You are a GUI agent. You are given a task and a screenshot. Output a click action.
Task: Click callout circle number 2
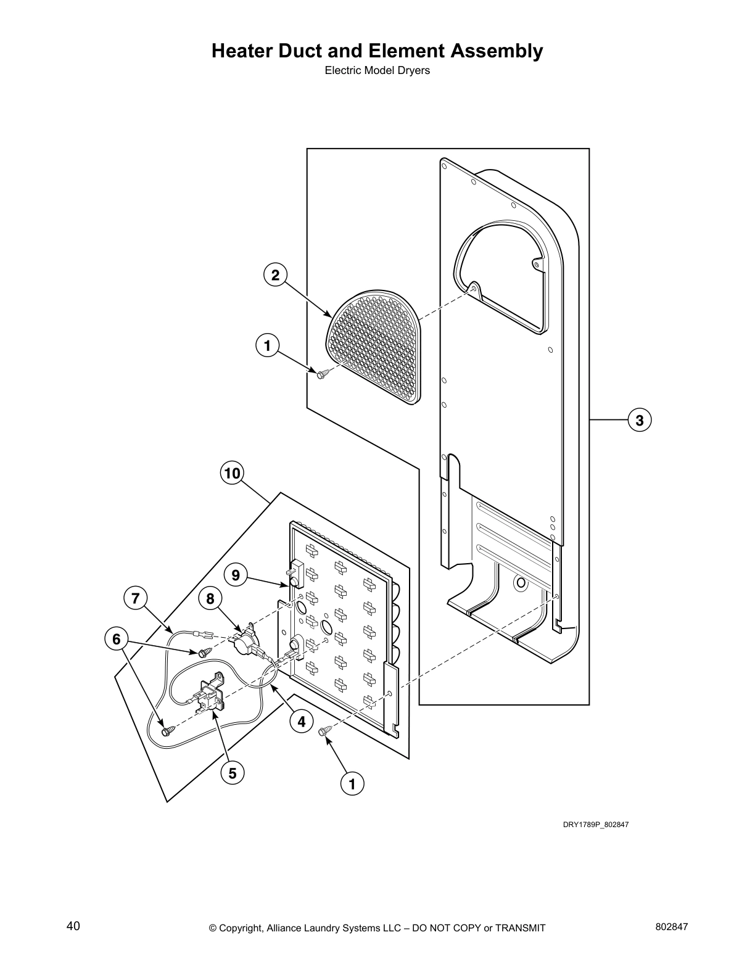coord(275,275)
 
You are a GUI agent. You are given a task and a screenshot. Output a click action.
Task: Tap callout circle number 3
coord(640,420)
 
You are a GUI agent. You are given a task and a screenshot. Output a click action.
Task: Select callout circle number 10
coord(231,474)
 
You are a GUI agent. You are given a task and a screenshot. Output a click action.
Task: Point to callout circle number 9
coord(236,575)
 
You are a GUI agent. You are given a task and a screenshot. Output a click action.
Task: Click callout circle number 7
coord(135,598)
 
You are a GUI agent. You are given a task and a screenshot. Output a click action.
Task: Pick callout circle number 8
coord(210,598)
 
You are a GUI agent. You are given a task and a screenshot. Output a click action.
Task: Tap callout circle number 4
coord(301,721)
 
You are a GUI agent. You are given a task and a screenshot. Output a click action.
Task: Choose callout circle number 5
coord(232,773)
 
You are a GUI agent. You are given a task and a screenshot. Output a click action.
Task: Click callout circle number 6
coord(116,639)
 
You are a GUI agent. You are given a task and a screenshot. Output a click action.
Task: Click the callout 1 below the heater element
coord(352,784)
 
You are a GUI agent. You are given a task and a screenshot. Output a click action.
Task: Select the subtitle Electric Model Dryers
coord(377,70)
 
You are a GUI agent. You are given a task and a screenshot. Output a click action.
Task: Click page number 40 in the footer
coord(73,926)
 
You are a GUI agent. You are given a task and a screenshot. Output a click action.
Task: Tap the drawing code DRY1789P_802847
coord(595,825)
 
